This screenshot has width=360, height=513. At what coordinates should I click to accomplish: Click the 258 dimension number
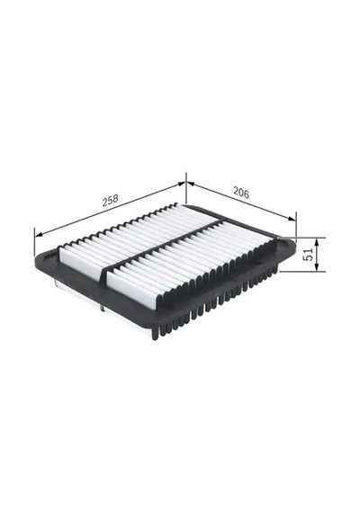click(x=111, y=200)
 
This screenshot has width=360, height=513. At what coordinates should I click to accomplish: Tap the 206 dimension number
click(x=241, y=193)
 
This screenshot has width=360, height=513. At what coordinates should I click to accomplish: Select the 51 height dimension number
click(x=309, y=254)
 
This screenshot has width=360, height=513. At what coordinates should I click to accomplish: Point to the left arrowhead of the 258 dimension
click(x=39, y=234)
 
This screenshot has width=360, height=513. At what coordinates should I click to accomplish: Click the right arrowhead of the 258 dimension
click(x=182, y=184)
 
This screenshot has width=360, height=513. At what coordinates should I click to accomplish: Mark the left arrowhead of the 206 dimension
click(x=191, y=184)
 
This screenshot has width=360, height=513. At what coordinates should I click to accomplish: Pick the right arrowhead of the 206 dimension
click(x=292, y=219)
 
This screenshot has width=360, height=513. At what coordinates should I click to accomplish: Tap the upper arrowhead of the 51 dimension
click(x=317, y=242)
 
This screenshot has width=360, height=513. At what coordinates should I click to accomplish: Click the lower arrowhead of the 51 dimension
click(x=317, y=267)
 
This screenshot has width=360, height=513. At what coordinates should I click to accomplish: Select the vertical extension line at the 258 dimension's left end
click(x=34, y=242)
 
